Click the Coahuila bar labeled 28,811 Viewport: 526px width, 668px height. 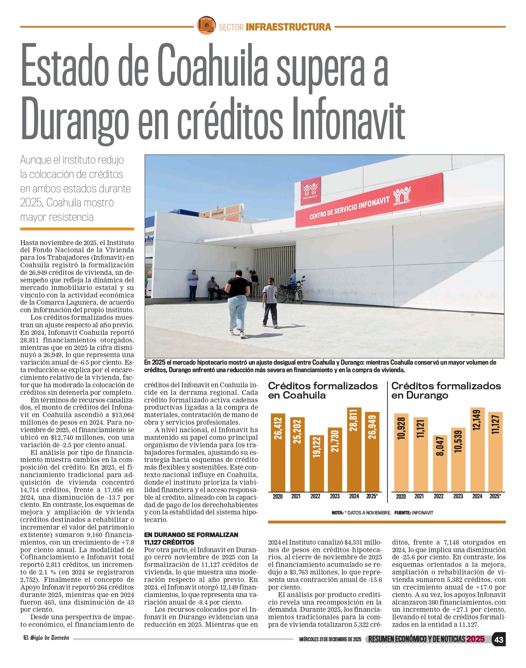coord(354,449)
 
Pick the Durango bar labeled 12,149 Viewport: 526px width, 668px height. coord(477,449)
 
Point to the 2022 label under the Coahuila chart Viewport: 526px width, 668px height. coord(315,496)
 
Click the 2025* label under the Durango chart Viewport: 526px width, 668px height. coord(495,496)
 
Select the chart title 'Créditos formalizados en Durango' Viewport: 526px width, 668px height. coord(446,390)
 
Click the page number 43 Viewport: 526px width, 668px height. coord(499,640)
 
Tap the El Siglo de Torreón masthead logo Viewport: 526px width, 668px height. coord(46,638)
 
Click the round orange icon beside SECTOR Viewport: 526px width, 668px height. coord(206,25)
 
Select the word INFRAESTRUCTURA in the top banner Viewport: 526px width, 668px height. coord(288,27)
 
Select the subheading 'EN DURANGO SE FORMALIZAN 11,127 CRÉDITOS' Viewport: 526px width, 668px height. coord(191,538)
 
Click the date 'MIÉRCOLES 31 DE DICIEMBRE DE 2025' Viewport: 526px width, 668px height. coord(330,640)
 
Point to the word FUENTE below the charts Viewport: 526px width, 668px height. coord(402,513)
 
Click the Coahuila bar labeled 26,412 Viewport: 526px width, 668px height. coord(278,452)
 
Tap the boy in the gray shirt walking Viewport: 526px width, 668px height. coord(270,302)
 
